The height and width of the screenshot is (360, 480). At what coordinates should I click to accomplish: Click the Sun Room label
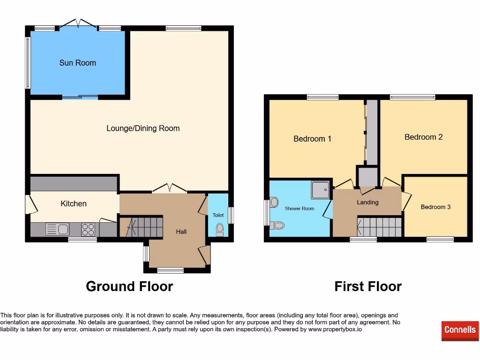pyautogui.click(x=77, y=63)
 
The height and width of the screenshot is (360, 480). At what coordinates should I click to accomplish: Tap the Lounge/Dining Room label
pyautogui.click(x=143, y=128)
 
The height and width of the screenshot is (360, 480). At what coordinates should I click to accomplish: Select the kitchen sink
pyautogui.click(x=57, y=229)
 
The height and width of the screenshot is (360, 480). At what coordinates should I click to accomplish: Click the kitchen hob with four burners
pyautogui.click(x=88, y=229)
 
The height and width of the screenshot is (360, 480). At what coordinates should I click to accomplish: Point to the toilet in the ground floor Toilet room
pyautogui.click(x=219, y=229)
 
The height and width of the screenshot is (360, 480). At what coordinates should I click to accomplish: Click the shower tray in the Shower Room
pyautogui.click(x=321, y=190)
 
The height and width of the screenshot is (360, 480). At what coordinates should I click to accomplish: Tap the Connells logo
pyautogui.click(x=460, y=330)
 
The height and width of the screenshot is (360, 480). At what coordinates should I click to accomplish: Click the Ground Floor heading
pyautogui.click(x=129, y=286)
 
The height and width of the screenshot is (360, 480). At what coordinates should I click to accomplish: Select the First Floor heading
pyautogui.click(x=368, y=286)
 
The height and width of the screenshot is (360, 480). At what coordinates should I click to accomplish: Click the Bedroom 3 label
pyautogui.click(x=435, y=207)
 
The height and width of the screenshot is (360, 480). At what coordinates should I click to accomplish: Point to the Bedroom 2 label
pyautogui.click(x=423, y=137)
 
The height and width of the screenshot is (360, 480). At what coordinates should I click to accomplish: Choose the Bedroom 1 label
pyautogui.click(x=312, y=139)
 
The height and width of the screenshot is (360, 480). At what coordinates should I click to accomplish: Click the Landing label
pyautogui.click(x=367, y=202)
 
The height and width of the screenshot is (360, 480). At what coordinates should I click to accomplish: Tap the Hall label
pyautogui.click(x=181, y=232)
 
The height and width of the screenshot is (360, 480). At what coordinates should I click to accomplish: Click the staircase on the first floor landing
pyautogui.click(x=379, y=227)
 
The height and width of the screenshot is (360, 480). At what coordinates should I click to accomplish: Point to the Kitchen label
pyautogui.click(x=74, y=203)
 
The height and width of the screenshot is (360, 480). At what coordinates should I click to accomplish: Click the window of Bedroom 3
pyautogui.click(x=440, y=240)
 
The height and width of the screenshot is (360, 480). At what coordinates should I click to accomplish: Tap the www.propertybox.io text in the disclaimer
pyautogui.click(x=334, y=330)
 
